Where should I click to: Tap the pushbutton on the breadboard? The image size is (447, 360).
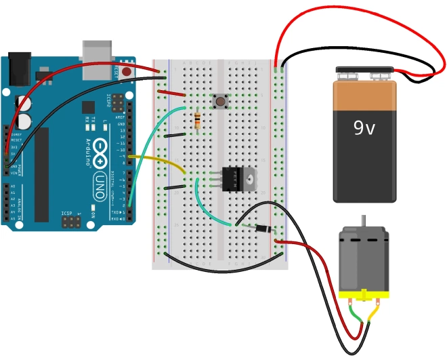220,102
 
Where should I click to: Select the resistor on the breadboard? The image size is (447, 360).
197,121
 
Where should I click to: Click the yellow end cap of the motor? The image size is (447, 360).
364,295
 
